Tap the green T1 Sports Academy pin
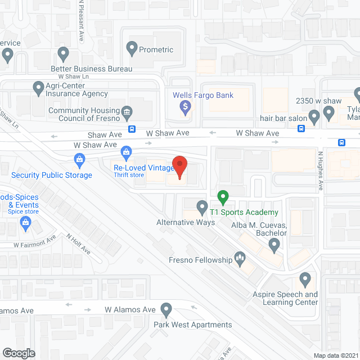pyautogui.click(x=223, y=198)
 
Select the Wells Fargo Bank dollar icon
pyautogui.click(x=184, y=106)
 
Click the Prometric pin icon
pyautogui.click(x=133, y=49)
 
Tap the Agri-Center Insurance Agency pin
pyautogui.click(x=39, y=88)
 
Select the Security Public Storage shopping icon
pyautogui.click(x=80, y=161)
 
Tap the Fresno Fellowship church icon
pyautogui.click(x=240, y=259)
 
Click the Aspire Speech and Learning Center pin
pyautogui.click(x=305, y=279)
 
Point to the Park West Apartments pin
pyautogui.click(x=166, y=309)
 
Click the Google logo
pyautogui.click(x=19, y=353)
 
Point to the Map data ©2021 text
pyautogui.click(x=335, y=355)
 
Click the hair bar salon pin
pyautogui.click(x=314, y=116)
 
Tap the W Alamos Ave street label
pyautogui.click(x=130, y=310)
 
